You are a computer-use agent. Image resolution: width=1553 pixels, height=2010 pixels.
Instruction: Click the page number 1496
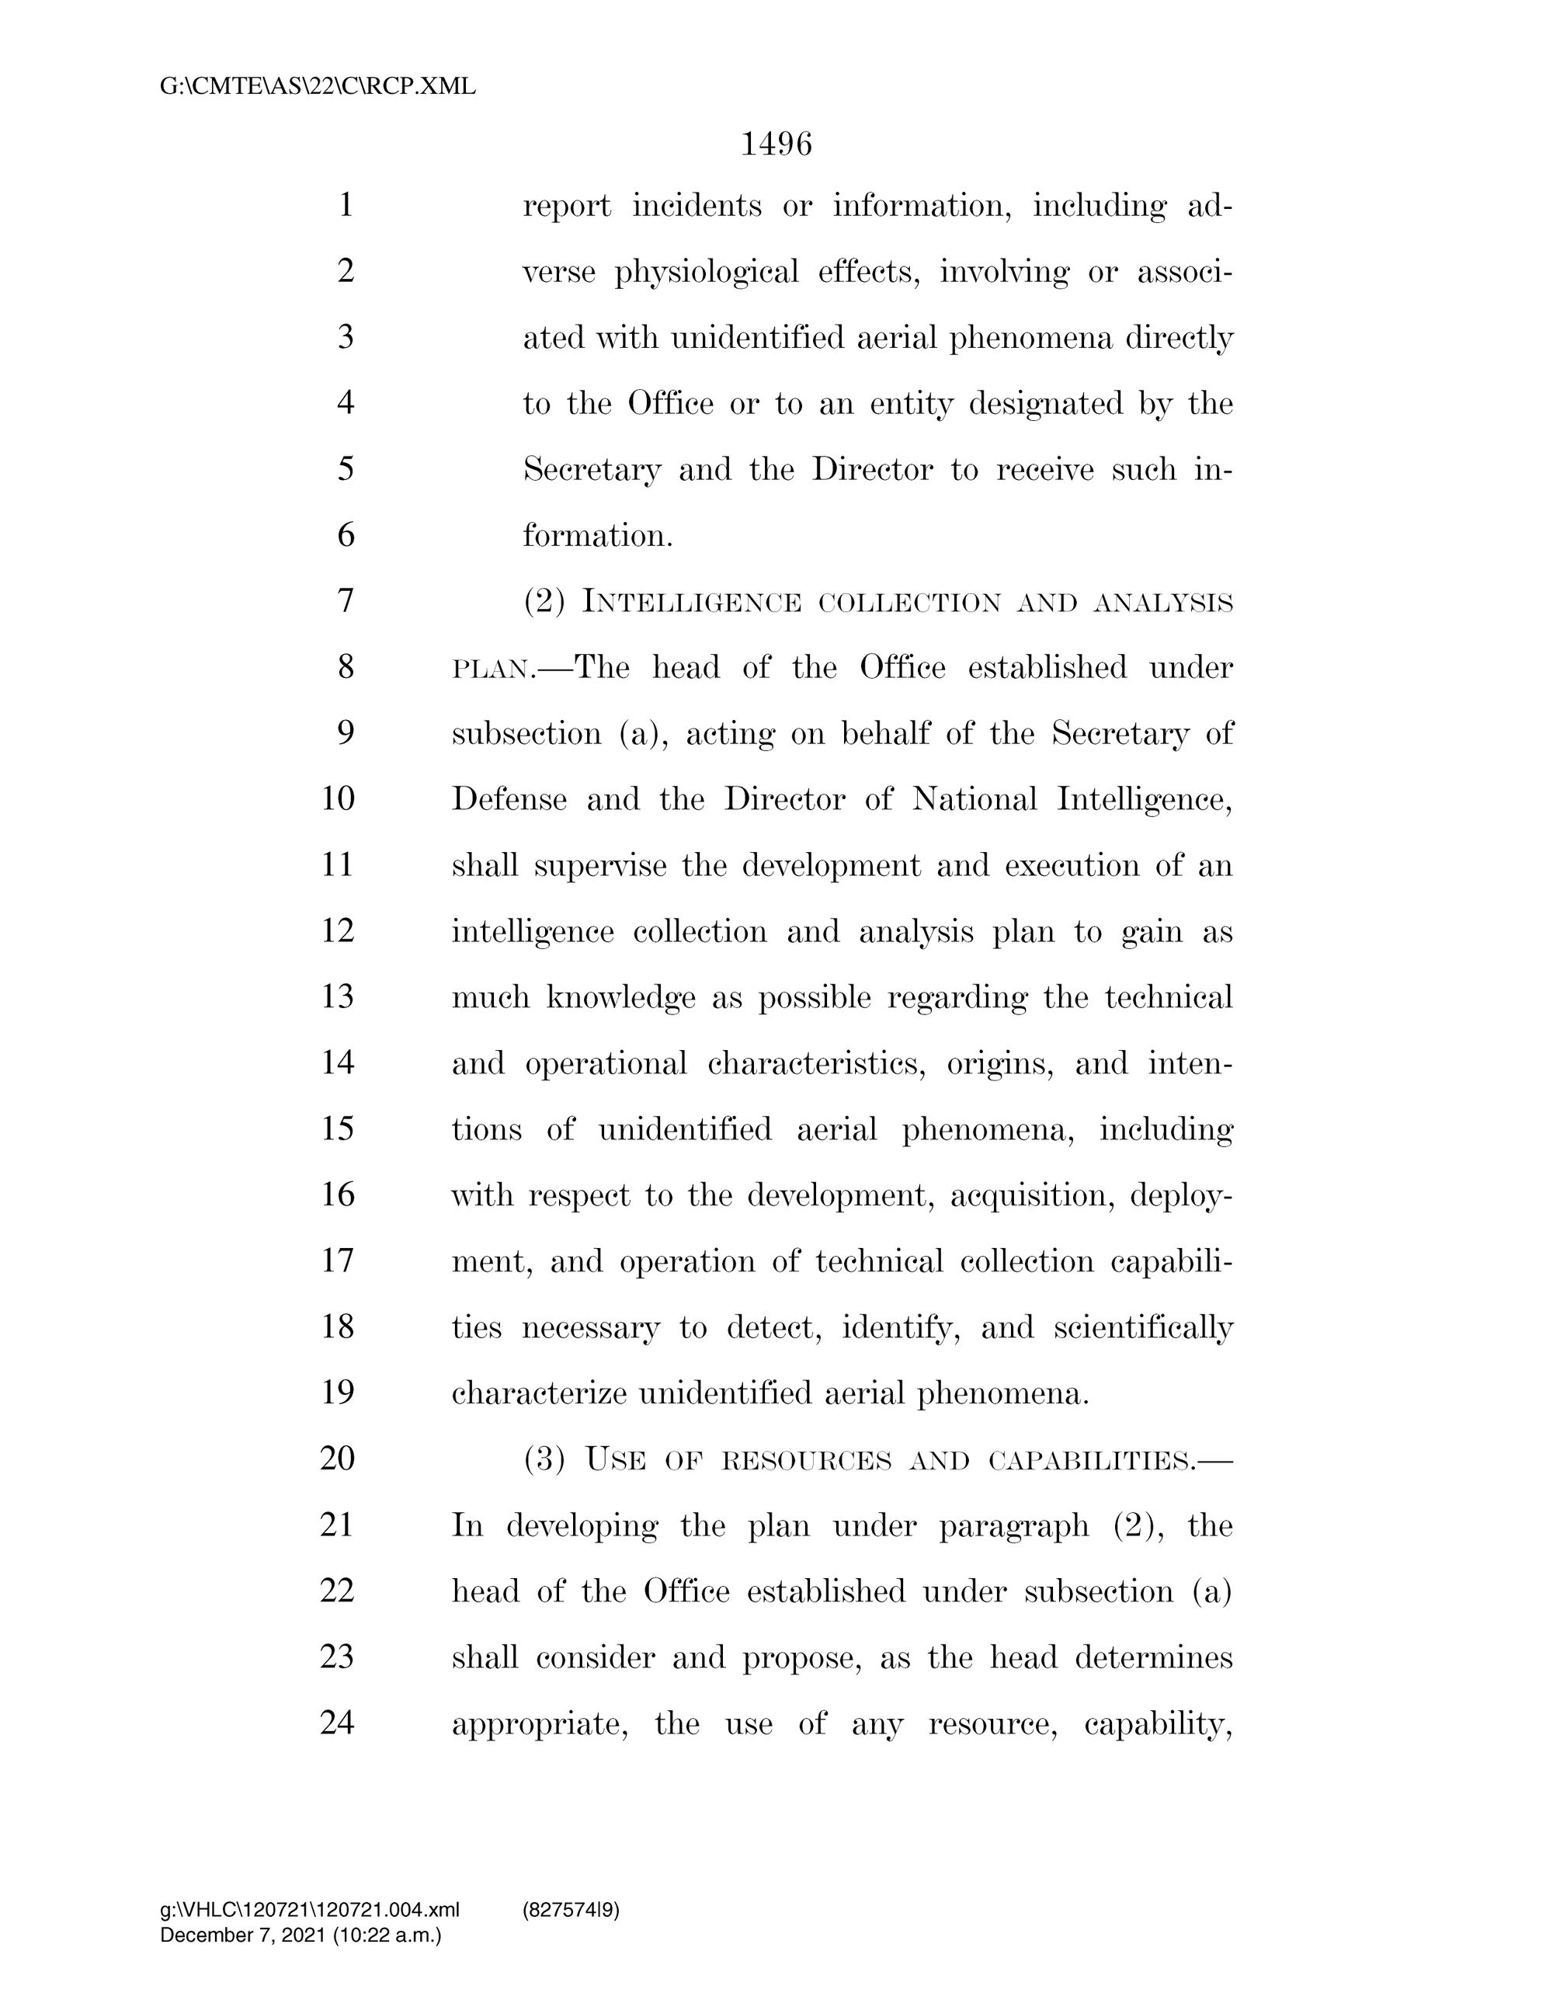[776, 144]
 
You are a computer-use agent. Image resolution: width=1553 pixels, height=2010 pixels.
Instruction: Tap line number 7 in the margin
[346, 601]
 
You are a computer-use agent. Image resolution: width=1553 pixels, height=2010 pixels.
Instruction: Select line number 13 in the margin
[339, 996]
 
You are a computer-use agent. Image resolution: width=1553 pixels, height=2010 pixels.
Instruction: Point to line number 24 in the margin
[338, 1723]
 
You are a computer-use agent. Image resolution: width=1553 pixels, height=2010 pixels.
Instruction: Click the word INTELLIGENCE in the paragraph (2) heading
[692, 603]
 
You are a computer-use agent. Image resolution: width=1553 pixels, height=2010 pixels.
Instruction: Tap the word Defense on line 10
[509, 799]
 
